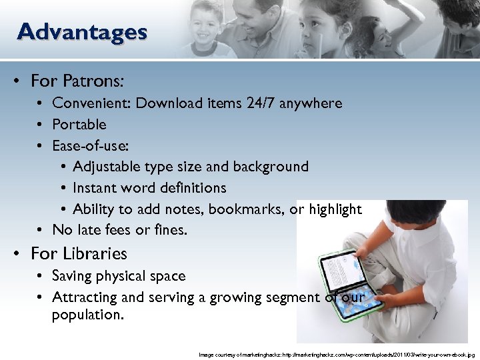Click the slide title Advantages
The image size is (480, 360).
pyautogui.click(x=82, y=31)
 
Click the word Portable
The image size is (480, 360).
pyautogui.click(x=79, y=125)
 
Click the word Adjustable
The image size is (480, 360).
pyautogui.click(x=109, y=167)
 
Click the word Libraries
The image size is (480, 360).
pyautogui.click(x=95, y=254)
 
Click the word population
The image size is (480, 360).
pyautogui.click(x=87, y=315)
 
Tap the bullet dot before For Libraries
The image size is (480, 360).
pyautogui.click(x=21, y=254)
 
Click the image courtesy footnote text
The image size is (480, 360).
pyautogui.click(x=337, y=355)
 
